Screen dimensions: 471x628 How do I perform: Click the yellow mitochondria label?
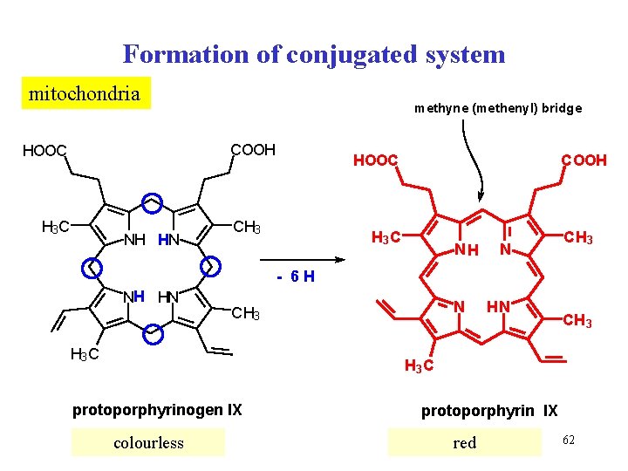tap(85, 93)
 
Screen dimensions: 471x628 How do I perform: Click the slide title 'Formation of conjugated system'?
tap(314, 54)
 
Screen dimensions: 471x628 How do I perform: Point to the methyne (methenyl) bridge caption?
tap(497, 109)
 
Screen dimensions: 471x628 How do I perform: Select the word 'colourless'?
tap(148, 443)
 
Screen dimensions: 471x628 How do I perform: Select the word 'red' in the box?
tap(465, 443)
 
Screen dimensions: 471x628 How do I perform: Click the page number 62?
tap(569, 435)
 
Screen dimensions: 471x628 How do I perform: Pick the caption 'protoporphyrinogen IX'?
tap(157, 410)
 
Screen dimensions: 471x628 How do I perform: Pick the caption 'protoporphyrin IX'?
tap(489, 410)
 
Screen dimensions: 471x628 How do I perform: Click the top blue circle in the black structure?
tap(153, 201)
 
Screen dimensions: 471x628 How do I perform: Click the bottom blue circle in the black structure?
tap(153, 332)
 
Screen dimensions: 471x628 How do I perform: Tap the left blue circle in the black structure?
tap(90, 266)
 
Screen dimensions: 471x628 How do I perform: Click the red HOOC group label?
tap(375, 160)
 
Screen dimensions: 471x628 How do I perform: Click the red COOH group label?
tap(584, 160)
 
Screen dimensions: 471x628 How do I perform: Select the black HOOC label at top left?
tap(44, 152)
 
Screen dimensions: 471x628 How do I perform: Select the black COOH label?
tap(252, 150)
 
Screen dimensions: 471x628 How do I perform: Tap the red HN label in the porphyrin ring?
tap(498, 307)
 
